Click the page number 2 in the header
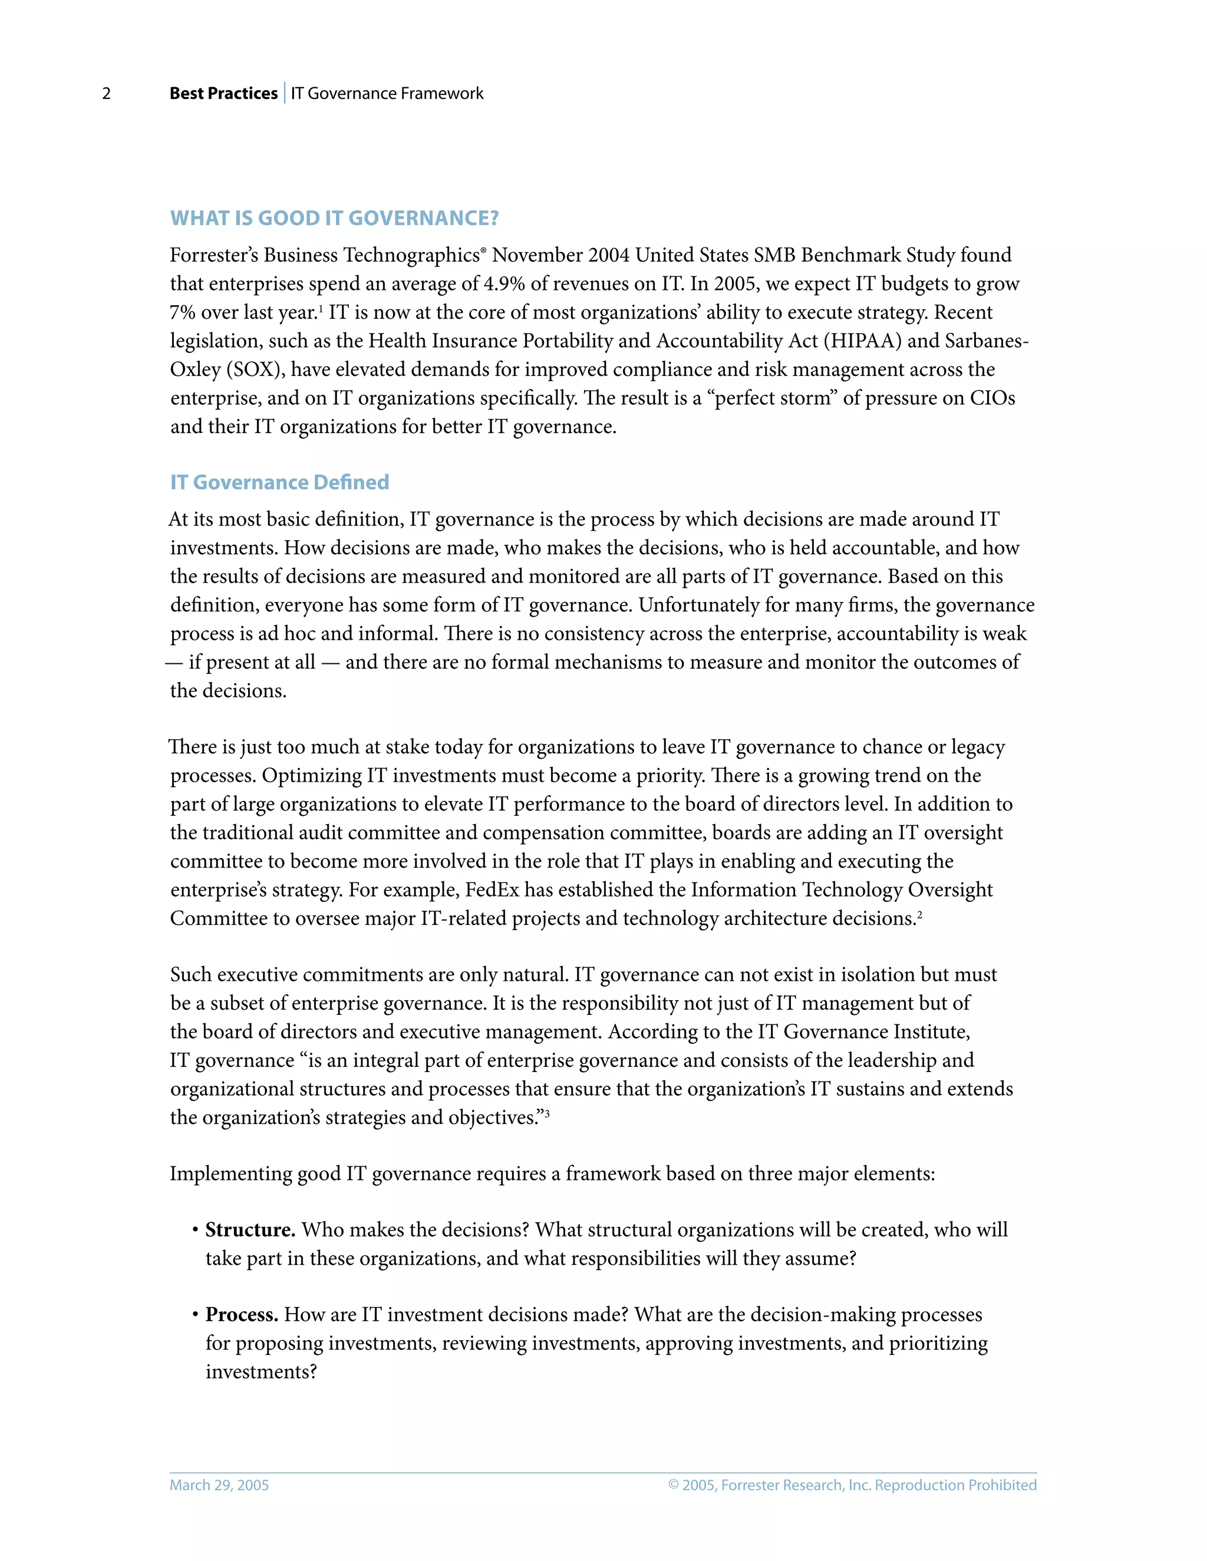[107, 94]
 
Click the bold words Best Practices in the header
[223, 94]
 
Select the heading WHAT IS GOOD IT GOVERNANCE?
[334, 218]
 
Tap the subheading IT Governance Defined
[279, 482]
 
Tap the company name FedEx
[492, 890]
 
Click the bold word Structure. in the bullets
[250, 1230]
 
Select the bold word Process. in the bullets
[242, 1315]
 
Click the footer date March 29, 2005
[219, 1485]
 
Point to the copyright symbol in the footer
[674, 1485]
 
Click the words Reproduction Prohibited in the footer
[955, 1485]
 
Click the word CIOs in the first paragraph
[992, 398]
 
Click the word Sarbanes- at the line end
[986, 341]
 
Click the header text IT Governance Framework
[387, 94]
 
